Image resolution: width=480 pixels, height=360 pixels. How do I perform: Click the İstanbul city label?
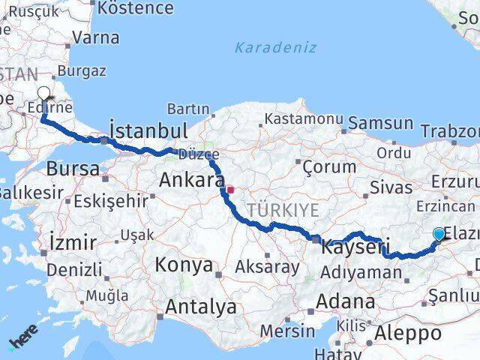(148, 129)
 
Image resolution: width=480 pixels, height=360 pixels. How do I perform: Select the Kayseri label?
(356, 247)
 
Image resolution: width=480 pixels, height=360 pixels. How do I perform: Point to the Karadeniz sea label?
(275, 48)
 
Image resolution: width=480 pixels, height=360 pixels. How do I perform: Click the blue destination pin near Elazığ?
(439, 235)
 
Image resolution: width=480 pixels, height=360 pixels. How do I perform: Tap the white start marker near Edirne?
(44, 94)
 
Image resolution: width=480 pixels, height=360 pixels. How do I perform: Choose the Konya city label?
(184, 265)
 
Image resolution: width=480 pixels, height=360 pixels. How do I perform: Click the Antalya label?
(200, 307)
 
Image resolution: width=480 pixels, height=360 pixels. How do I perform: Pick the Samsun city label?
(381, 124)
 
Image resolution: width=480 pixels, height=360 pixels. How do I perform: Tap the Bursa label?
(73, 168)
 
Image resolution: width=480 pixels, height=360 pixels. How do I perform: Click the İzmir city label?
(72, 242)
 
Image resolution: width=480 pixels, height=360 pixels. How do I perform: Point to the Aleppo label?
(410, 333)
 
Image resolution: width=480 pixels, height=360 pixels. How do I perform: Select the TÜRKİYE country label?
(284, 210)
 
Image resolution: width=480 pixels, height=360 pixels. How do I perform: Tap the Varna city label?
(97, 37)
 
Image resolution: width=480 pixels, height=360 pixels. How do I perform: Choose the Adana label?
(346, 301)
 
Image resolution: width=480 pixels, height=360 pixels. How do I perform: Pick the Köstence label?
(135, 9)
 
